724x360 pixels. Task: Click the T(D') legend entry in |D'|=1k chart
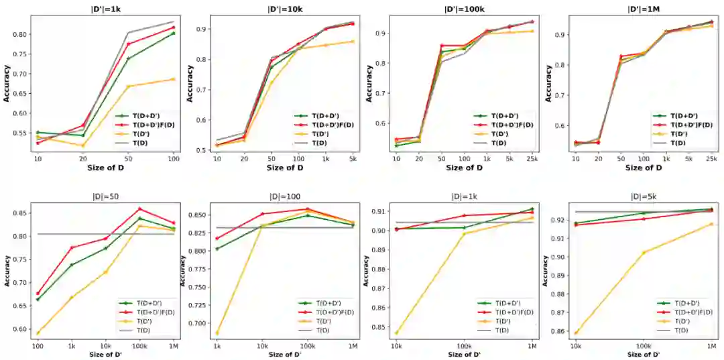coord(143,133)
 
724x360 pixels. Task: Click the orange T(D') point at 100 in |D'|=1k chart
coord(173,79)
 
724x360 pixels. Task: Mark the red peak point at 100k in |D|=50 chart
coord(139,208)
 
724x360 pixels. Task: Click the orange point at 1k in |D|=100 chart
coord(217,333)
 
